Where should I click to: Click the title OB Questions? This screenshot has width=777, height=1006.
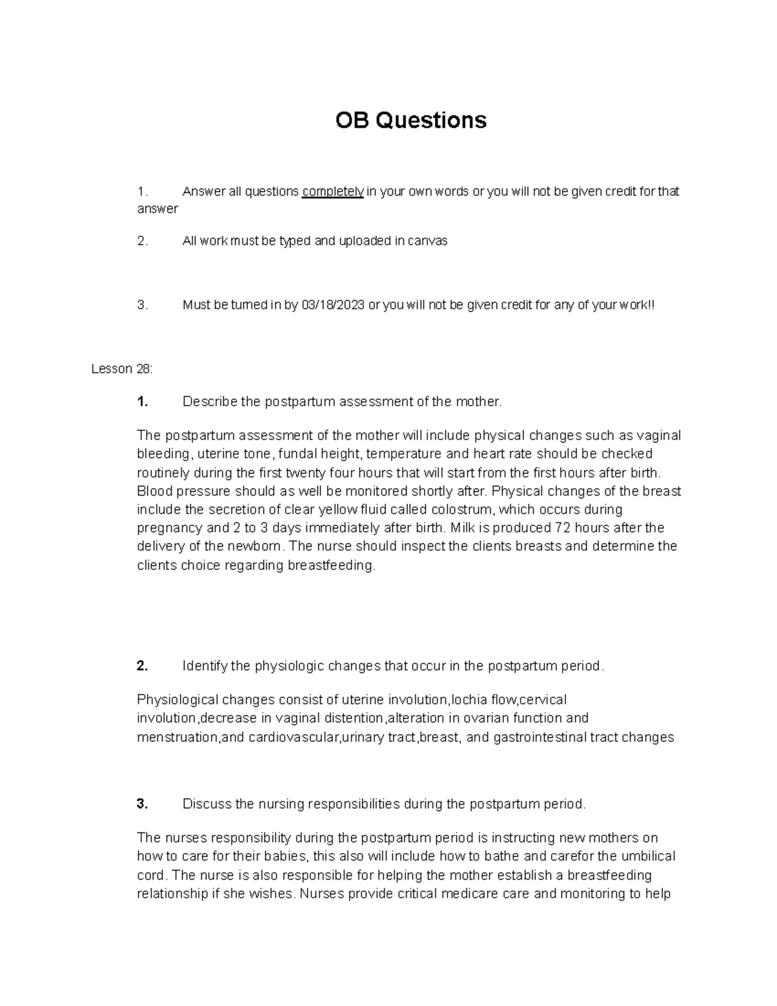[x=411, y=120]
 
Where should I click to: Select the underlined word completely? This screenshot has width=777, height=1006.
[x=333, y=192]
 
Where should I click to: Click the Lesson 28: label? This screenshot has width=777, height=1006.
[x=122, y=369]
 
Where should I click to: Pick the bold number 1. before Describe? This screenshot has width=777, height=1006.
[x=142, y=402]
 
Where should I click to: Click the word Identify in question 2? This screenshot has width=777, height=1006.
[x=207, y=666]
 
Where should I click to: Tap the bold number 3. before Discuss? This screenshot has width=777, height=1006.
[x=142, y=805]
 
